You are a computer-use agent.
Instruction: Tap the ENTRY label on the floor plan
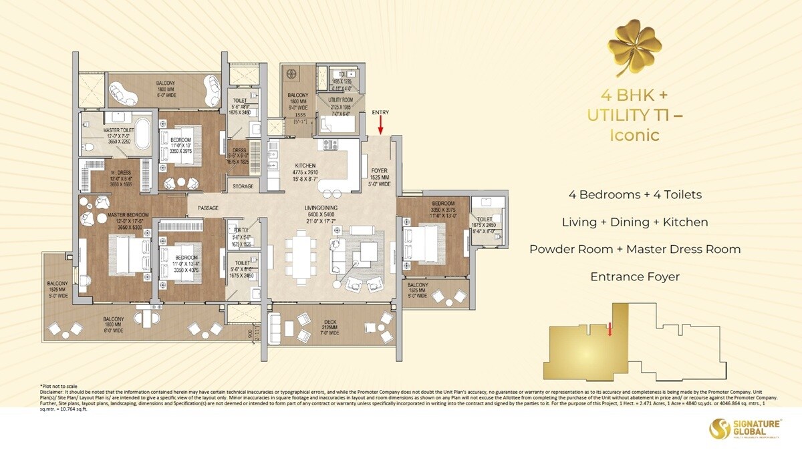pyautogui.click(x=380, y=112)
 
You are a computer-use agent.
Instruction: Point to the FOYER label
pyautogui.click(x=379, y=170)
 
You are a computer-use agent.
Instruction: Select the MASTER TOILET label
pyautogui.click(x=120, y=131)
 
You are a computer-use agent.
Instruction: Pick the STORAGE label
pyautogui.click(x=243, y=186)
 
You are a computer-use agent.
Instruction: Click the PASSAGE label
pyautogui.click(x=208, y=208)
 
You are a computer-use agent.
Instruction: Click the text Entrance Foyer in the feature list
pyautogui.click(x=635, y=276)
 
